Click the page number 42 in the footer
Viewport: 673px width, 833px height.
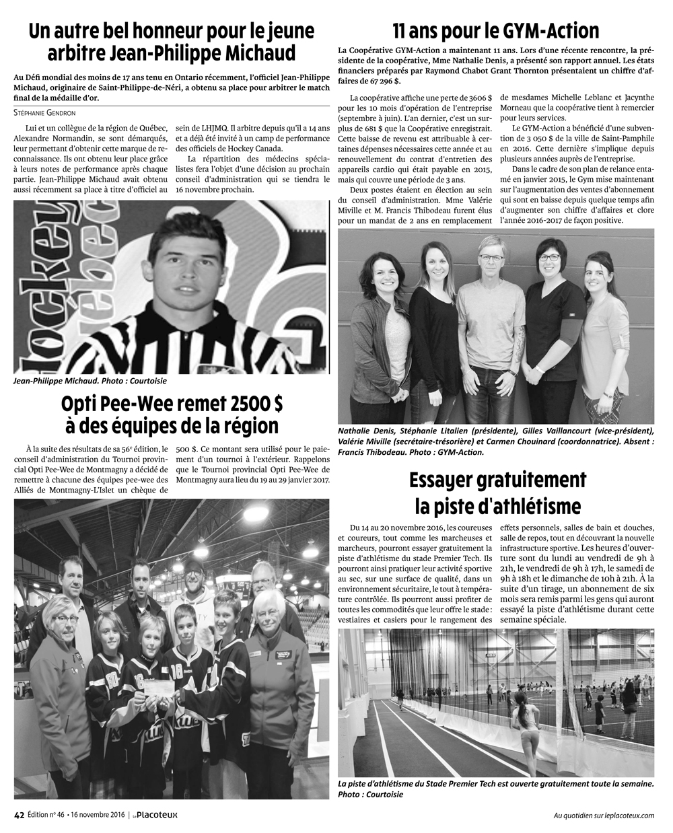(19, 814)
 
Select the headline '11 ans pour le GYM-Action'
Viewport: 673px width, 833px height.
(496, 32)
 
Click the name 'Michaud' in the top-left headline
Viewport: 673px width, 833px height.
(256, 52)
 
